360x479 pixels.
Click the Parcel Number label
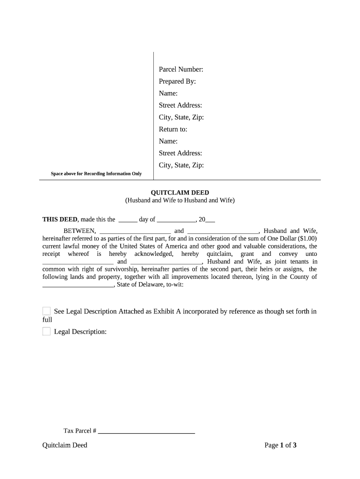pyautogui.click(x=181, y=70)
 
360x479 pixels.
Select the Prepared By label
pyautogui.click(x=177, y=81)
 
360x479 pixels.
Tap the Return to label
pyautogui.click(x=173, y=129)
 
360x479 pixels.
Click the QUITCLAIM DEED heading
pyautogui.click(x=180, y=193)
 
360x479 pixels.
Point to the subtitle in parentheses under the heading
pyautogui.click(x=180, y=200)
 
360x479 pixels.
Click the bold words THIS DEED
pyautogui.click(x=60, y=219)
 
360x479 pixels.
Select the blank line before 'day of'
pyautogui.click(x=128, y=220)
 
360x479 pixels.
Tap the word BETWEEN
pyautogui.click(x=79, y=231)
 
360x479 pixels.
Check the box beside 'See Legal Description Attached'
pyautogui.click(x=46, y=312)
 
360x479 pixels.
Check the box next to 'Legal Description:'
pyautogui.click(x=46, y=332)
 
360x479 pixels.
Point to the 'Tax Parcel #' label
pyautogui.click(x=80, y=430)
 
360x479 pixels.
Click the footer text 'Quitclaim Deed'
pyautogui.click(x=65, y=445)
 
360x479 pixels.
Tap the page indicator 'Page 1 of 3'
pyautogui.click(x=281, y=445)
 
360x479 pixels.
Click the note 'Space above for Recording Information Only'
pyautogui.click(x=96, y=174)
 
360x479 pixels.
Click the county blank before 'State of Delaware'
pyautogui.click(x=78, y=285)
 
